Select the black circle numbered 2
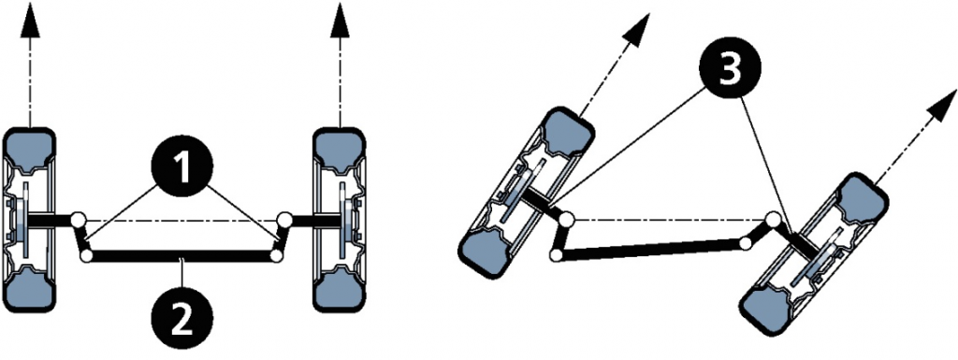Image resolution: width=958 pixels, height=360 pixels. (181, 318)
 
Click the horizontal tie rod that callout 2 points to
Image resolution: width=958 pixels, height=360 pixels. (181, 256)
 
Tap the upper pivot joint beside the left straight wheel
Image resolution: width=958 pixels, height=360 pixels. (77, 219)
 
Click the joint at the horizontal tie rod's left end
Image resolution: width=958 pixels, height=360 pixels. (86, 255)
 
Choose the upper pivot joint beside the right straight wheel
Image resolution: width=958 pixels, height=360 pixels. (284, 219)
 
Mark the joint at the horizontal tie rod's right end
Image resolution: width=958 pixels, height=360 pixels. (276, 255)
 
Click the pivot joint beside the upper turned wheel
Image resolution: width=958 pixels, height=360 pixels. (567, 218)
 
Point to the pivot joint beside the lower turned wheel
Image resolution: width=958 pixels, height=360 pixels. (774, 219)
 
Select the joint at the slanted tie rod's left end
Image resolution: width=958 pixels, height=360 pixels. (556, 255)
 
